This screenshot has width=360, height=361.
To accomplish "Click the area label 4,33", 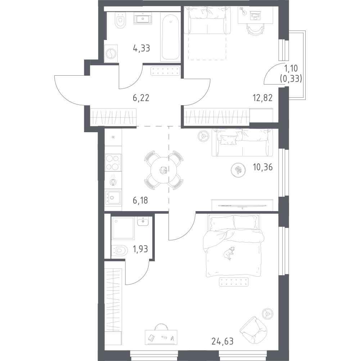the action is (x=141, y=48).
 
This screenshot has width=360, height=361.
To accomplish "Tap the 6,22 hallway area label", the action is (x=141, y=98).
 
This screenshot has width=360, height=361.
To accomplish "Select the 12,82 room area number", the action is (x=263, y=98).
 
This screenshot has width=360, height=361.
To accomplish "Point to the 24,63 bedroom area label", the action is (x=222, y=341).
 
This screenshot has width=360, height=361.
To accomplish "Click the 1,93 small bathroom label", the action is (x=140, y=249).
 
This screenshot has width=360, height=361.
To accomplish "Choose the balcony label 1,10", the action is (x=291, y=68).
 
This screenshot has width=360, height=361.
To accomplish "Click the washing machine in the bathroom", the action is (x=111, y=54).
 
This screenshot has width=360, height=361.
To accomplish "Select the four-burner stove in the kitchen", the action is (x=113, y=162).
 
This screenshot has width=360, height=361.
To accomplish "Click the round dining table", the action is (x=163, y=170).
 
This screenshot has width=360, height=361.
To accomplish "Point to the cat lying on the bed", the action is (x=229, y=253).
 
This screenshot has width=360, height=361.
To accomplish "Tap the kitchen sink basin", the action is (x=113, y=197).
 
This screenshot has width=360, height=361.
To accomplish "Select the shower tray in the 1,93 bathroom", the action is (x=122, y=228).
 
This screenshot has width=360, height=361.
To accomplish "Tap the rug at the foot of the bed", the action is (x=234, y=282).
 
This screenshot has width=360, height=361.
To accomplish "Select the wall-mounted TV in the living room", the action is (x=242, y=205).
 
